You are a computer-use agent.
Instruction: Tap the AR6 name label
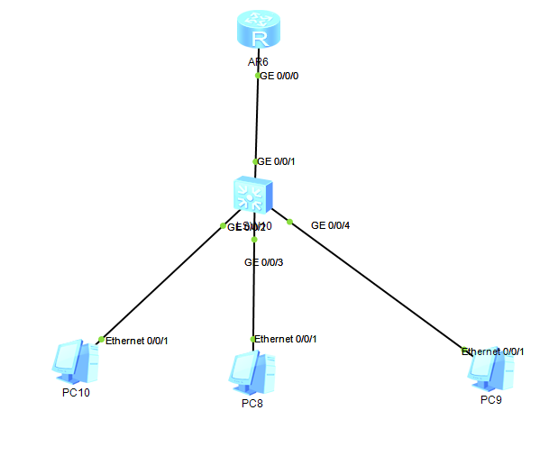pos(259,62)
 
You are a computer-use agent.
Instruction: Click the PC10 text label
pos(76,392)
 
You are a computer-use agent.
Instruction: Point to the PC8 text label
pos(252,403)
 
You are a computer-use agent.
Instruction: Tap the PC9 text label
pos(491,399)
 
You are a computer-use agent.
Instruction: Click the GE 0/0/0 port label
pos(279,77)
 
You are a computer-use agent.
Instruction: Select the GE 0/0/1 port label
pos(276,161)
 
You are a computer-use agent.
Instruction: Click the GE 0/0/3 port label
pos(264,262)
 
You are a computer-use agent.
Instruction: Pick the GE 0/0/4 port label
pos(330,224)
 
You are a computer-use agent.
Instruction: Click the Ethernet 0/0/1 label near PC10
pos(137,341)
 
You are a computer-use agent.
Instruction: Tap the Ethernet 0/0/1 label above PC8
pos(286,339)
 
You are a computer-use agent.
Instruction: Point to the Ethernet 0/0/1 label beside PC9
pos(494,351)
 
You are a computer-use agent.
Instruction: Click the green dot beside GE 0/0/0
pos(258,77)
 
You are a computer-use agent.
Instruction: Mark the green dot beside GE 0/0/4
pos(289,221)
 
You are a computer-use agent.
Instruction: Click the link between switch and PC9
pos(379,286)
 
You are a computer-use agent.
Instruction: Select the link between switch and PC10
pos(162,282)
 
